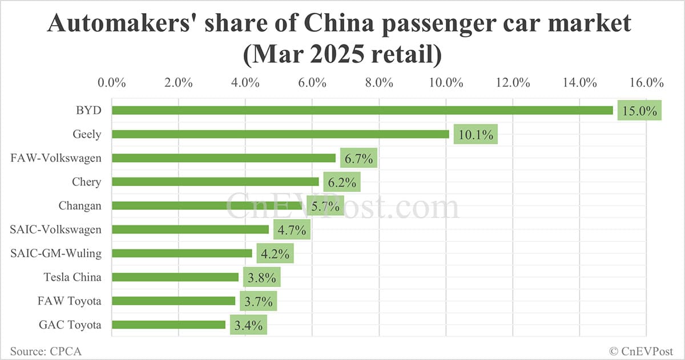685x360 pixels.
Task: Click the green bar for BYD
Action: click(362, 110)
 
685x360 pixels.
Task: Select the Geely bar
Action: click(280, 134)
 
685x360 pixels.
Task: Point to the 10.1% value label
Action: click(476, 135)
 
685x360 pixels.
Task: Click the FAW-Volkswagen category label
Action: click(56, 158)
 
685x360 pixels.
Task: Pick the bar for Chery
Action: click(215, 181)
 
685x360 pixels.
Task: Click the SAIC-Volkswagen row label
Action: click(56, 229)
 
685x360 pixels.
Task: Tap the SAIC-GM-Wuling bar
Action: click(182, 253)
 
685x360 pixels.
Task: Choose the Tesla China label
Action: click(72, 277)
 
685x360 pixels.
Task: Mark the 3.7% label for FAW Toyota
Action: click(258, 301)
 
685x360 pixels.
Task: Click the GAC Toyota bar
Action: click(168, 325)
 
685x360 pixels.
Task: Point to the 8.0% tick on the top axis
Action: click(379, 82)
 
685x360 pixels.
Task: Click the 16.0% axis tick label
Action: click(646, 82)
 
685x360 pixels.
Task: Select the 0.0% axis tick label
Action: click(112, 82)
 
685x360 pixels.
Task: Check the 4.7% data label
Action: click(292, 230)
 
